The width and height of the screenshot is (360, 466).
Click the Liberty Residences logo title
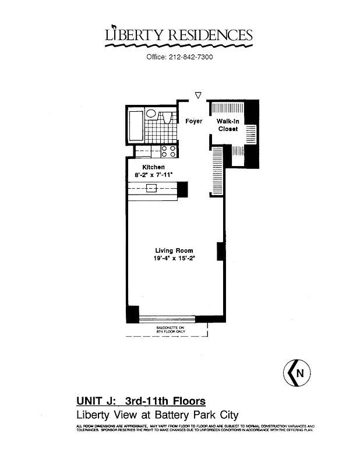click(x=179, y=36)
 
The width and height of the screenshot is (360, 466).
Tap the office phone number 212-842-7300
click(x=179, y=57)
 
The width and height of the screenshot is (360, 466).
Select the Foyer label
click(x=193, y=121)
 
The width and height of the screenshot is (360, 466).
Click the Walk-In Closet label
click(x=228, y=125)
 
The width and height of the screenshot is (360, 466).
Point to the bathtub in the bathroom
click(x=136, y=125)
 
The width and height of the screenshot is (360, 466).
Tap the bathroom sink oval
click(x=151, y=114)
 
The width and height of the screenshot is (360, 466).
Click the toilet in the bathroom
click(x=167, y=116)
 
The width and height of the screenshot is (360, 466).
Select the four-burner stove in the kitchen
click(x=168, y=151)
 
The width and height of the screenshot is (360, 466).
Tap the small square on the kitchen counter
click(x=151, y=188)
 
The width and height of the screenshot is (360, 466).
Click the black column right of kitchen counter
click(x=182, y=189)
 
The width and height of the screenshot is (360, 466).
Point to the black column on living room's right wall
click(x=221, y=251)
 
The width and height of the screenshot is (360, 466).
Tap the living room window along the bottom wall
click(x=167, y=319)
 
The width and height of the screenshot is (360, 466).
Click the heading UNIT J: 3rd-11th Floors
click(x=140, y=401)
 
